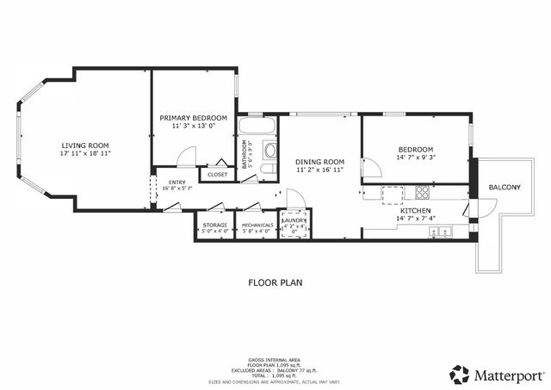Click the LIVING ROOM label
coord(85,145)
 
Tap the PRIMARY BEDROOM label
coord(194,117)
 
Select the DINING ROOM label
coord(319,162)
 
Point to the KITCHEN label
coord(415,210)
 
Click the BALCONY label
coord(504,187)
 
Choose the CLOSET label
coord(218,175)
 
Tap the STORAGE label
coord(214,226)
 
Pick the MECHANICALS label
coord(257,226)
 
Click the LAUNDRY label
coord(294,221)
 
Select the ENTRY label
coord(177,182)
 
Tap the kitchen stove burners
coord(423,192)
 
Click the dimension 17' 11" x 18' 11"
coord(85,153)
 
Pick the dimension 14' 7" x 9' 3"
coord(415,158)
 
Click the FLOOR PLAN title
coord(275,282)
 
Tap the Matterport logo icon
coord(460,375)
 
